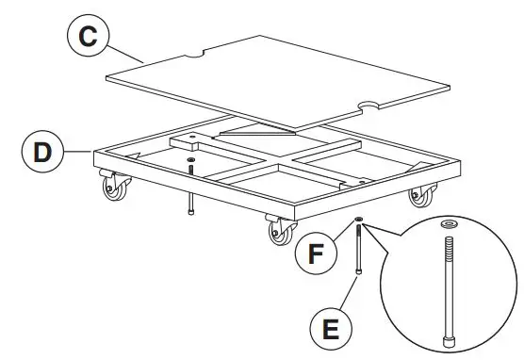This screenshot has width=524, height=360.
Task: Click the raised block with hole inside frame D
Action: [191, 141]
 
